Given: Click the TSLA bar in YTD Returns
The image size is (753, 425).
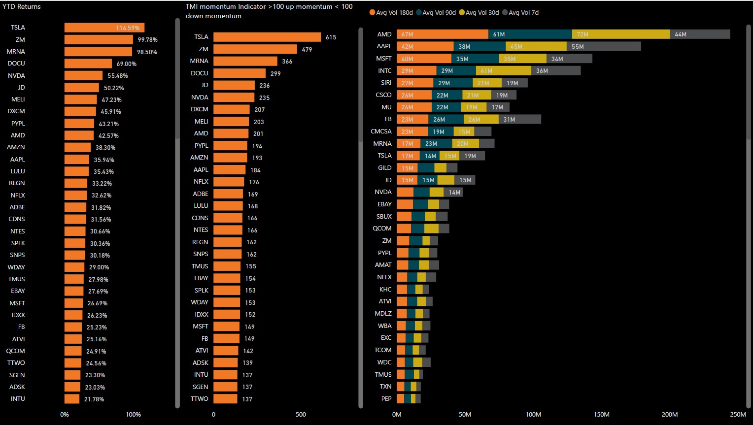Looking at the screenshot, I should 104,28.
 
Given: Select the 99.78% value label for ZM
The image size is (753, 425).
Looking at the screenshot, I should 147,40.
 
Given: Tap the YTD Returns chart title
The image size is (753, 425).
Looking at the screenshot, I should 22,6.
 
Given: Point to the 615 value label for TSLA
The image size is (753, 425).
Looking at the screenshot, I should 331,37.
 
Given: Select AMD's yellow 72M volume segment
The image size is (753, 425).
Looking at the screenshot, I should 620,34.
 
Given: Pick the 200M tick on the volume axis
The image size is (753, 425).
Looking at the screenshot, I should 670,415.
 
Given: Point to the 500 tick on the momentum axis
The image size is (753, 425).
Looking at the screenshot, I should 301,415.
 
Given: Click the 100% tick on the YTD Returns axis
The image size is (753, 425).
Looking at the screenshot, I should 133,415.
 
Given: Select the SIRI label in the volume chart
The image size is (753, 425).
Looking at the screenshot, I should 386,83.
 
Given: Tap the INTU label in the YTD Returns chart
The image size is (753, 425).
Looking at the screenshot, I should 18,399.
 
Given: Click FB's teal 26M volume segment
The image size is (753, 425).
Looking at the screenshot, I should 445,119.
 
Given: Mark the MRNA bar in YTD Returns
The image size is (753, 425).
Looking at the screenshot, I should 98,52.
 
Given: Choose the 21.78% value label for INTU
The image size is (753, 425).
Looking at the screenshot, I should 94,399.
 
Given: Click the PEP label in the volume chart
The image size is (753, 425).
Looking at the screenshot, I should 386,399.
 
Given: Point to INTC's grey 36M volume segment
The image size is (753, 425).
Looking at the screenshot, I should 556,71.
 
